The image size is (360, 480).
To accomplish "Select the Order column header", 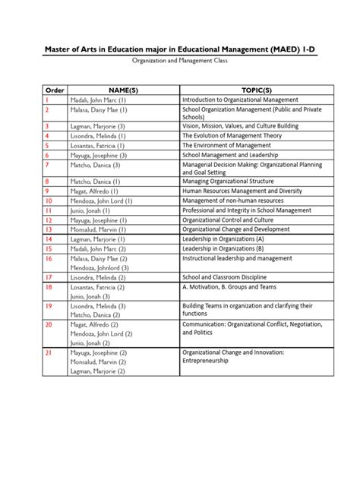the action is click(x=55, y=88).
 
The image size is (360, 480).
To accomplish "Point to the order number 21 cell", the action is click(x=48, y=352).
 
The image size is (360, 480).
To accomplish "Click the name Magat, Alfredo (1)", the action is click(x=87, y=191).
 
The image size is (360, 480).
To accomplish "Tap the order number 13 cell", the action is click(x=48, y=229).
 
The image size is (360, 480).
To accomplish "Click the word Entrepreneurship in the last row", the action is click(x=209, y=362).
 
